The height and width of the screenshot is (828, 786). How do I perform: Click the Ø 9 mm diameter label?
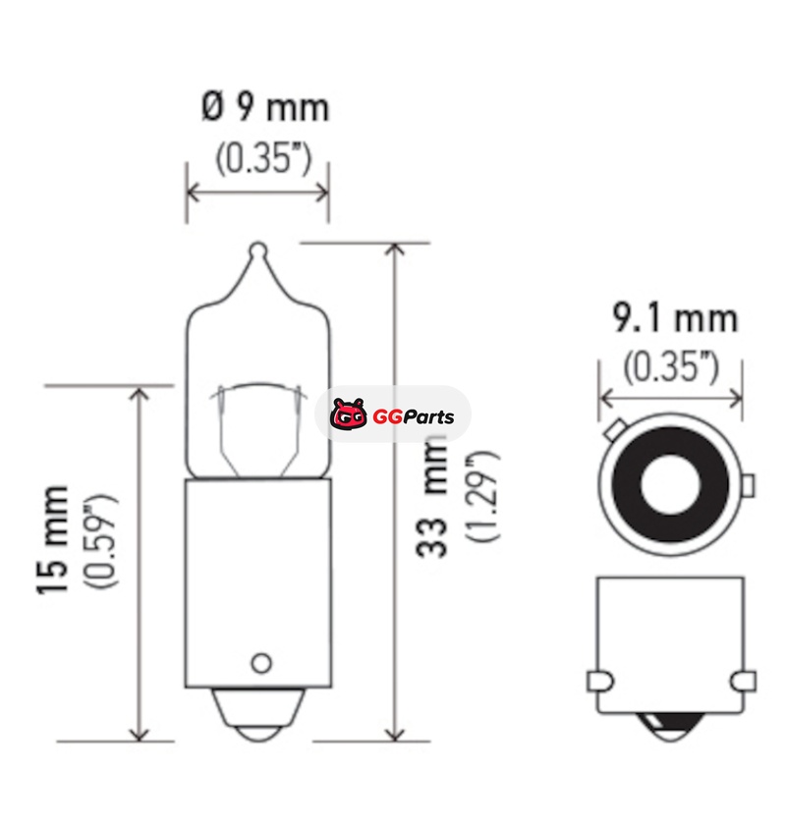pyautogui.click(x=265, y=107)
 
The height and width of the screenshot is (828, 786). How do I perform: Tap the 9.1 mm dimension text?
pyautogui.click(x=675, y=318)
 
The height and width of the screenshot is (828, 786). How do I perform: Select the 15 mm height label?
pyautogui.click(x=52, y=539)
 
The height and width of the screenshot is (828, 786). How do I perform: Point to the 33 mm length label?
pyautogui.click(x=431, y=497)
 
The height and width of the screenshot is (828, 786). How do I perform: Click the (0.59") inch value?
pyautogui.click(x=100, y=541)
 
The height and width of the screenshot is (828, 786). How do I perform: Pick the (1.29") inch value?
pyautogui.click(x=481, y=496)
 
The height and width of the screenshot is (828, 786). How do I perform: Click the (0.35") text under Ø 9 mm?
pyautogui.click(x=263, y=158)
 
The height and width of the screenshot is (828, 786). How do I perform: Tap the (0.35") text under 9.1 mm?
pyautogui.click(x=671, y=367)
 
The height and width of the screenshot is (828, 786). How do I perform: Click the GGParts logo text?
pyautogui.click(x=413, y=416)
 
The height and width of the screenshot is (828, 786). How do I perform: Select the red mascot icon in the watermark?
pyautogui.click(x=349, y=414)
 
